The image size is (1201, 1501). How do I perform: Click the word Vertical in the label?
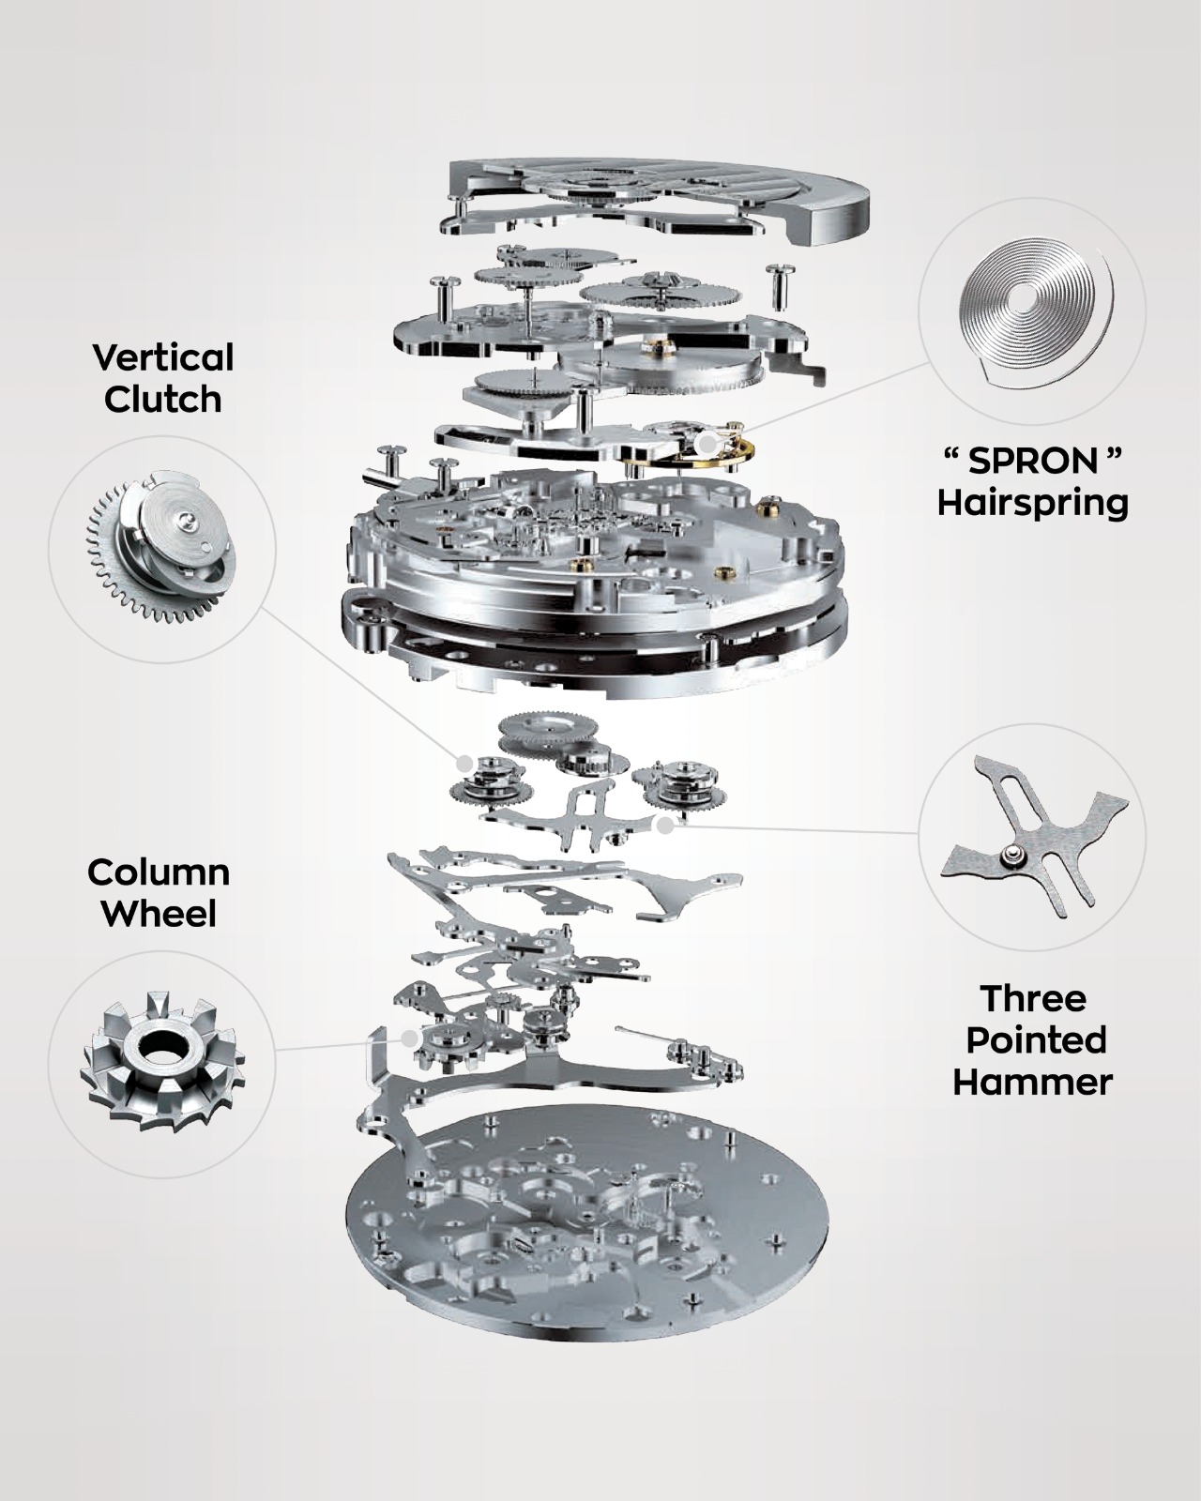pos(162,357)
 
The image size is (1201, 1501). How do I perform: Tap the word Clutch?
pos(162,400)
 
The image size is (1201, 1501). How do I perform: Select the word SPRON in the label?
pos(1032,461)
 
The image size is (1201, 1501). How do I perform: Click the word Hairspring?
pos(1032,504)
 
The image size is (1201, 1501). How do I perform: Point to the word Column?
pos(159,872)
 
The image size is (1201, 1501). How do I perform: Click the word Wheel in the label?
pos(160,914)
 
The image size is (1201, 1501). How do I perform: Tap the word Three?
pos(1033,998)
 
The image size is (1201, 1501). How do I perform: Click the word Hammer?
pos(1033,1083)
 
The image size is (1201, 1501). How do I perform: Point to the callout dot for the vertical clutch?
pos(464,763)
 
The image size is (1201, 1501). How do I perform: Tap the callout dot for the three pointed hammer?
pos(666,826)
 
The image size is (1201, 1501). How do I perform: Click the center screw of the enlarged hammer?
pos(1008,853)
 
